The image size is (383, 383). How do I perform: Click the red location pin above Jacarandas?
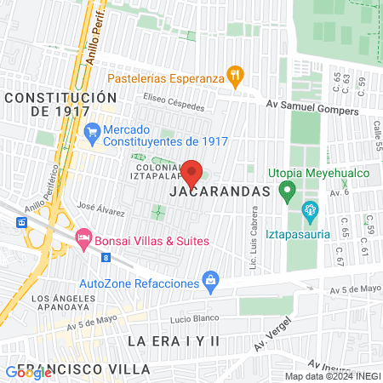click(x=192, y=173)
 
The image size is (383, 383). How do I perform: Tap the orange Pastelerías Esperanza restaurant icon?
click(x=236, y=77)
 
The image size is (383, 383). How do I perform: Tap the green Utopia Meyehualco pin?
click(x=287, y=190)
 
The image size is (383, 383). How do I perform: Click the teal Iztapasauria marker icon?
click(x=309, y=209)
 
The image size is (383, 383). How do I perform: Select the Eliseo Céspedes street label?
click(x=174, y=106)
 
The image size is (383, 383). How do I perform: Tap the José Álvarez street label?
click(x=96, y=206)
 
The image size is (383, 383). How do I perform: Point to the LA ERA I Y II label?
click(x=174, y=340)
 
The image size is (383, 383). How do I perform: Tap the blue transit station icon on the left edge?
click(x=20, y=221)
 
